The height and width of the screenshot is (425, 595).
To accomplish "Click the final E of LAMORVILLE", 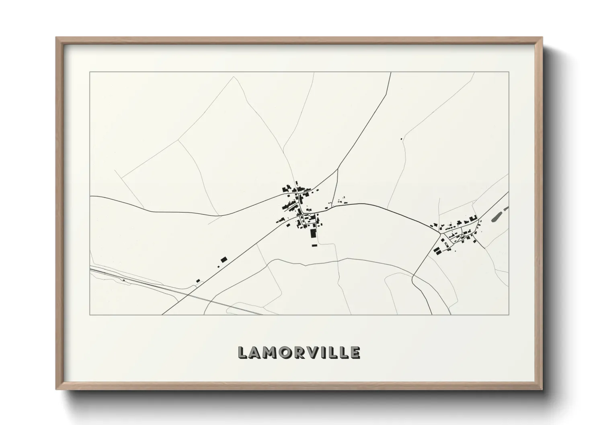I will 355,352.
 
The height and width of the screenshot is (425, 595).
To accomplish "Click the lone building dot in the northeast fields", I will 401,139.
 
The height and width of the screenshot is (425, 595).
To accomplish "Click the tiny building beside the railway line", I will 124,280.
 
